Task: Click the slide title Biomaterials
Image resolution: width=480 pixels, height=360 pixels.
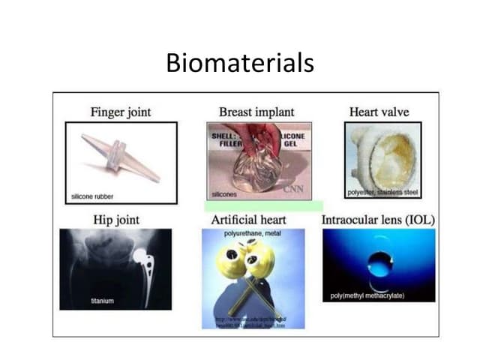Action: pyautogui.click(x=239, y=63)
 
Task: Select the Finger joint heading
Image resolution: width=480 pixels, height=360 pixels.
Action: pyautogui.click(x=120, y=112)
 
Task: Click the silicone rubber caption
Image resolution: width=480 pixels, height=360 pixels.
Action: pyautogui.click(x=93, y=196)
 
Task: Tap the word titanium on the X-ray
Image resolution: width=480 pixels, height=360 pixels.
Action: pyautogui.click(x=102, y=301)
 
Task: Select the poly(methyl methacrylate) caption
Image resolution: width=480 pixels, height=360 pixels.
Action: pyautogui.click(x=367, y=295)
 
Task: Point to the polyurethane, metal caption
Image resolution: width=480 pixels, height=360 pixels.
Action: pyautogui.click(x=252, y=235)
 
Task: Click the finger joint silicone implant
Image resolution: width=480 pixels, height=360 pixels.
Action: pyautogui.click(x=119, y=157)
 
